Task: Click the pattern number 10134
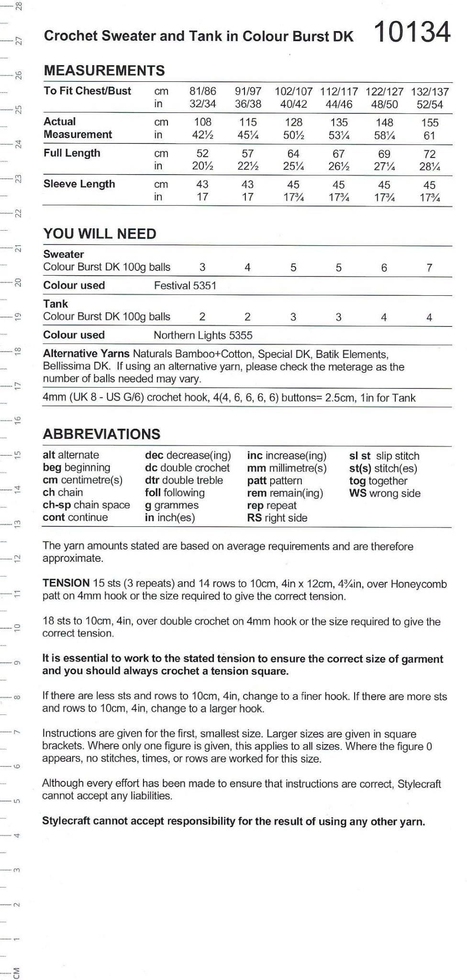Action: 411,33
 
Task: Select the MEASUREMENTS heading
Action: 104,71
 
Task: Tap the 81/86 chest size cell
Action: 202,91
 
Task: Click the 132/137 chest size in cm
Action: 430,91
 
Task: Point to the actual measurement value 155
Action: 430,122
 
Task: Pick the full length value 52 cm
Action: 202,154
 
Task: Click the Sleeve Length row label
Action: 79,184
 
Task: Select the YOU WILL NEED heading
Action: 100,234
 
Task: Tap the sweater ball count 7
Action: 429,268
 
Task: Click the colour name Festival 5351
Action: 185,286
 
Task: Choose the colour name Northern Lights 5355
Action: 203,335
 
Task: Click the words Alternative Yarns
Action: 86,354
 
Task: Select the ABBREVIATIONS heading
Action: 101,434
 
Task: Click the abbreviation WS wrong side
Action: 385,493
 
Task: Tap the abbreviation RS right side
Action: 277,518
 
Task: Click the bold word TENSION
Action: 66,583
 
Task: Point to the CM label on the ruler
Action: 17,972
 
